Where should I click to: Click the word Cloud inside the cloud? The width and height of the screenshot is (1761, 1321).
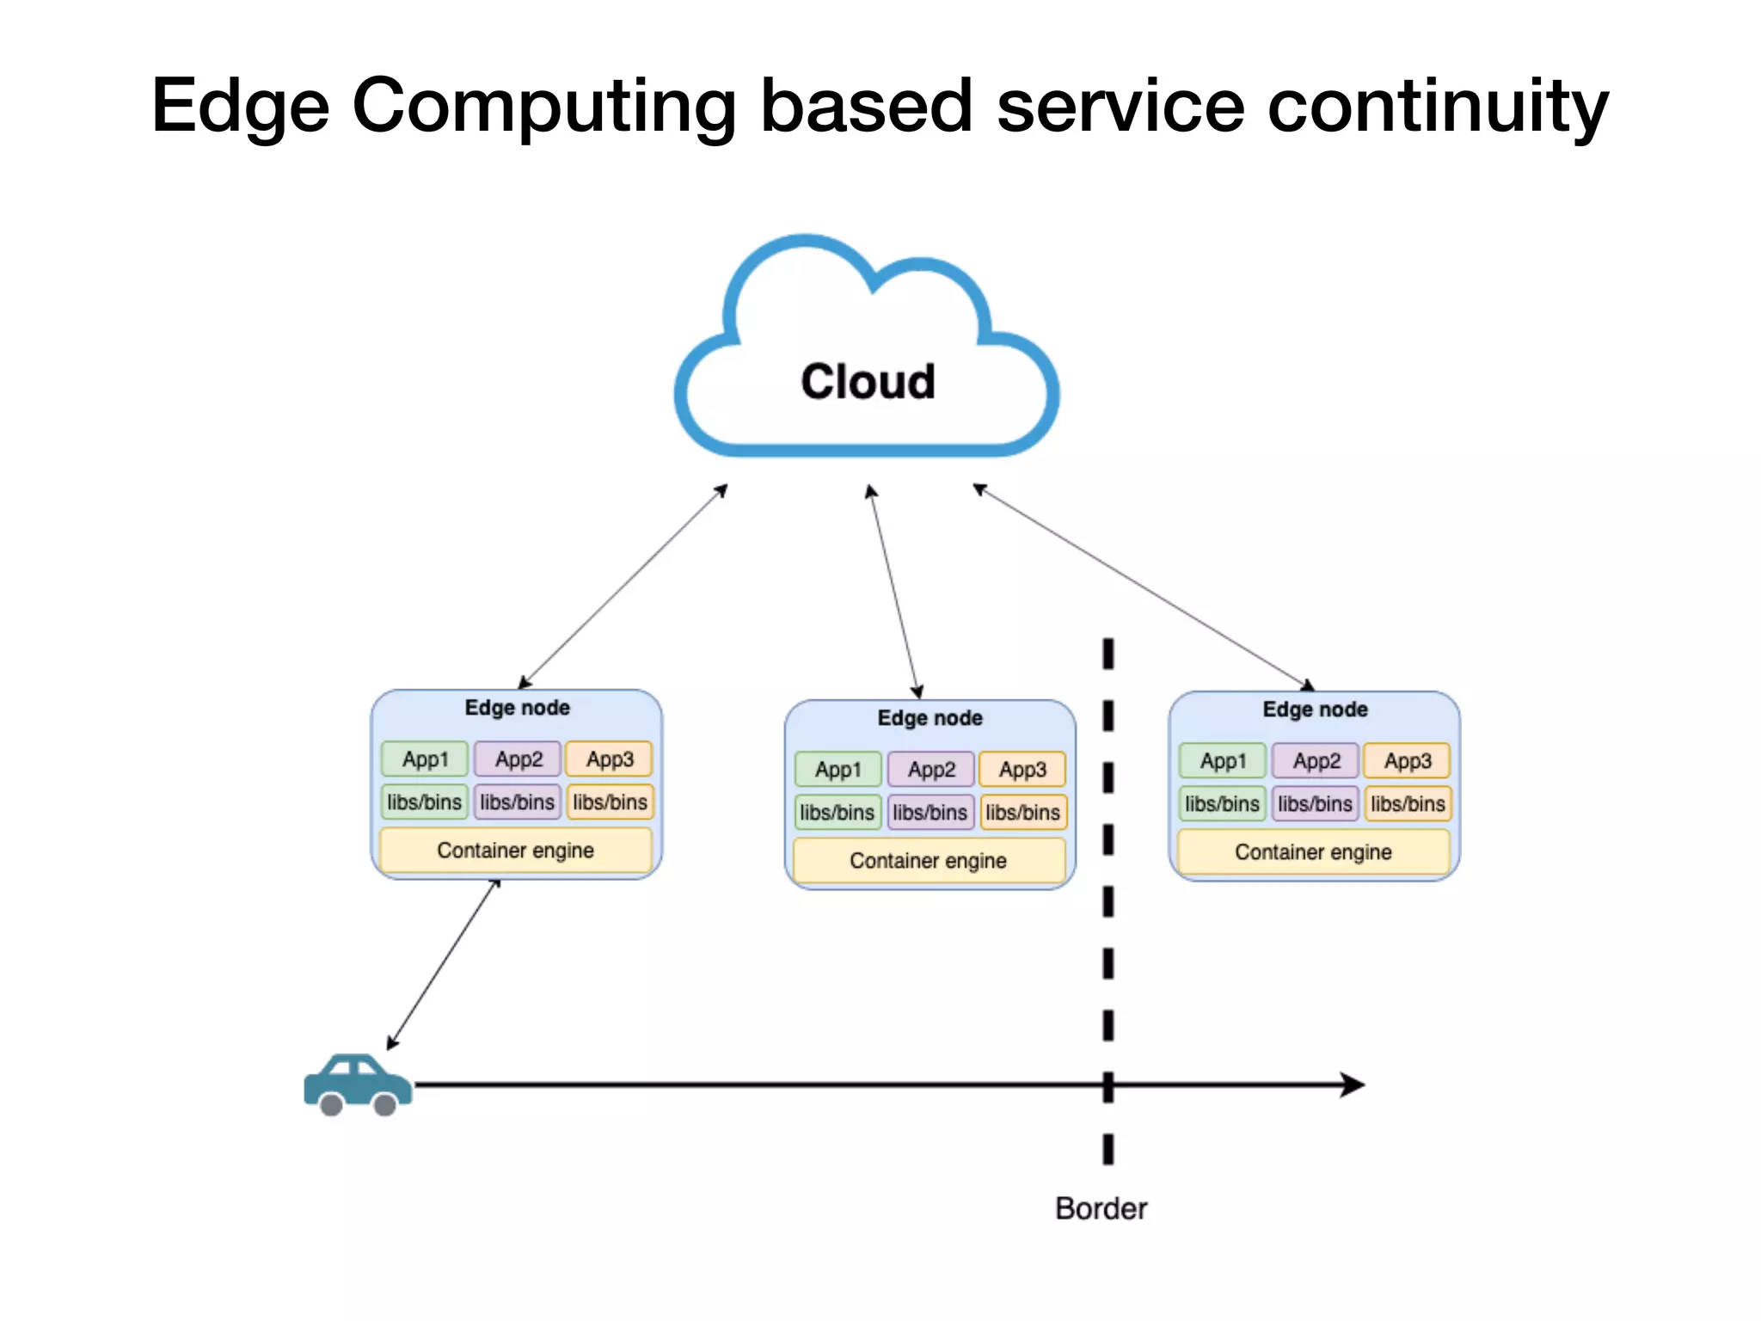(868, 381)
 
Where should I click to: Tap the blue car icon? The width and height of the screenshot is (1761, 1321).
(357, 1084)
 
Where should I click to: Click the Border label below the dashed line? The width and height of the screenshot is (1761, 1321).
(1101, 1208)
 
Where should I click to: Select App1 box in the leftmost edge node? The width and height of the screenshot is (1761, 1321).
(425, 759)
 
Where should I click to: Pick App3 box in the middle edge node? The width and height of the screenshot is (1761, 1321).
(1022, 770)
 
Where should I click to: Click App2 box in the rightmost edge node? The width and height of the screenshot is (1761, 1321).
(1316, 761)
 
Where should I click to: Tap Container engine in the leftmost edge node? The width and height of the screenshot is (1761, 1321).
(515, 851)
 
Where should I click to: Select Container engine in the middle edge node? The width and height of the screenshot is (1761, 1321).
(928, 861)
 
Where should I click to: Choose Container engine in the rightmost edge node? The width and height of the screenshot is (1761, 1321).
(1313, 852)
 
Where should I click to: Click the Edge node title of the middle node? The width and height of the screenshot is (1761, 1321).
(930, 718)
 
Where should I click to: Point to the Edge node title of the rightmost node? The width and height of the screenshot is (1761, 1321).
(1315, 710)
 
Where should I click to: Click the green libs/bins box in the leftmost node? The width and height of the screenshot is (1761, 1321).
(425, 802)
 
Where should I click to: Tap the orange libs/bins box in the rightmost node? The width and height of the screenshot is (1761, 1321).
(1408, 804)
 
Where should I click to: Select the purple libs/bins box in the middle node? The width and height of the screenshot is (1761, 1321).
(930, 813)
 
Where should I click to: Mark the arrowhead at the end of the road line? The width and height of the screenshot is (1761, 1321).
(1353, 1084)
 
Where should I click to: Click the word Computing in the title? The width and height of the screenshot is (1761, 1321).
(543, 106)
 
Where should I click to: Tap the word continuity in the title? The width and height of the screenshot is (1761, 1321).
(1438, 106)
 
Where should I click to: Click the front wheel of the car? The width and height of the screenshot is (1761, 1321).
(385, 1105)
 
